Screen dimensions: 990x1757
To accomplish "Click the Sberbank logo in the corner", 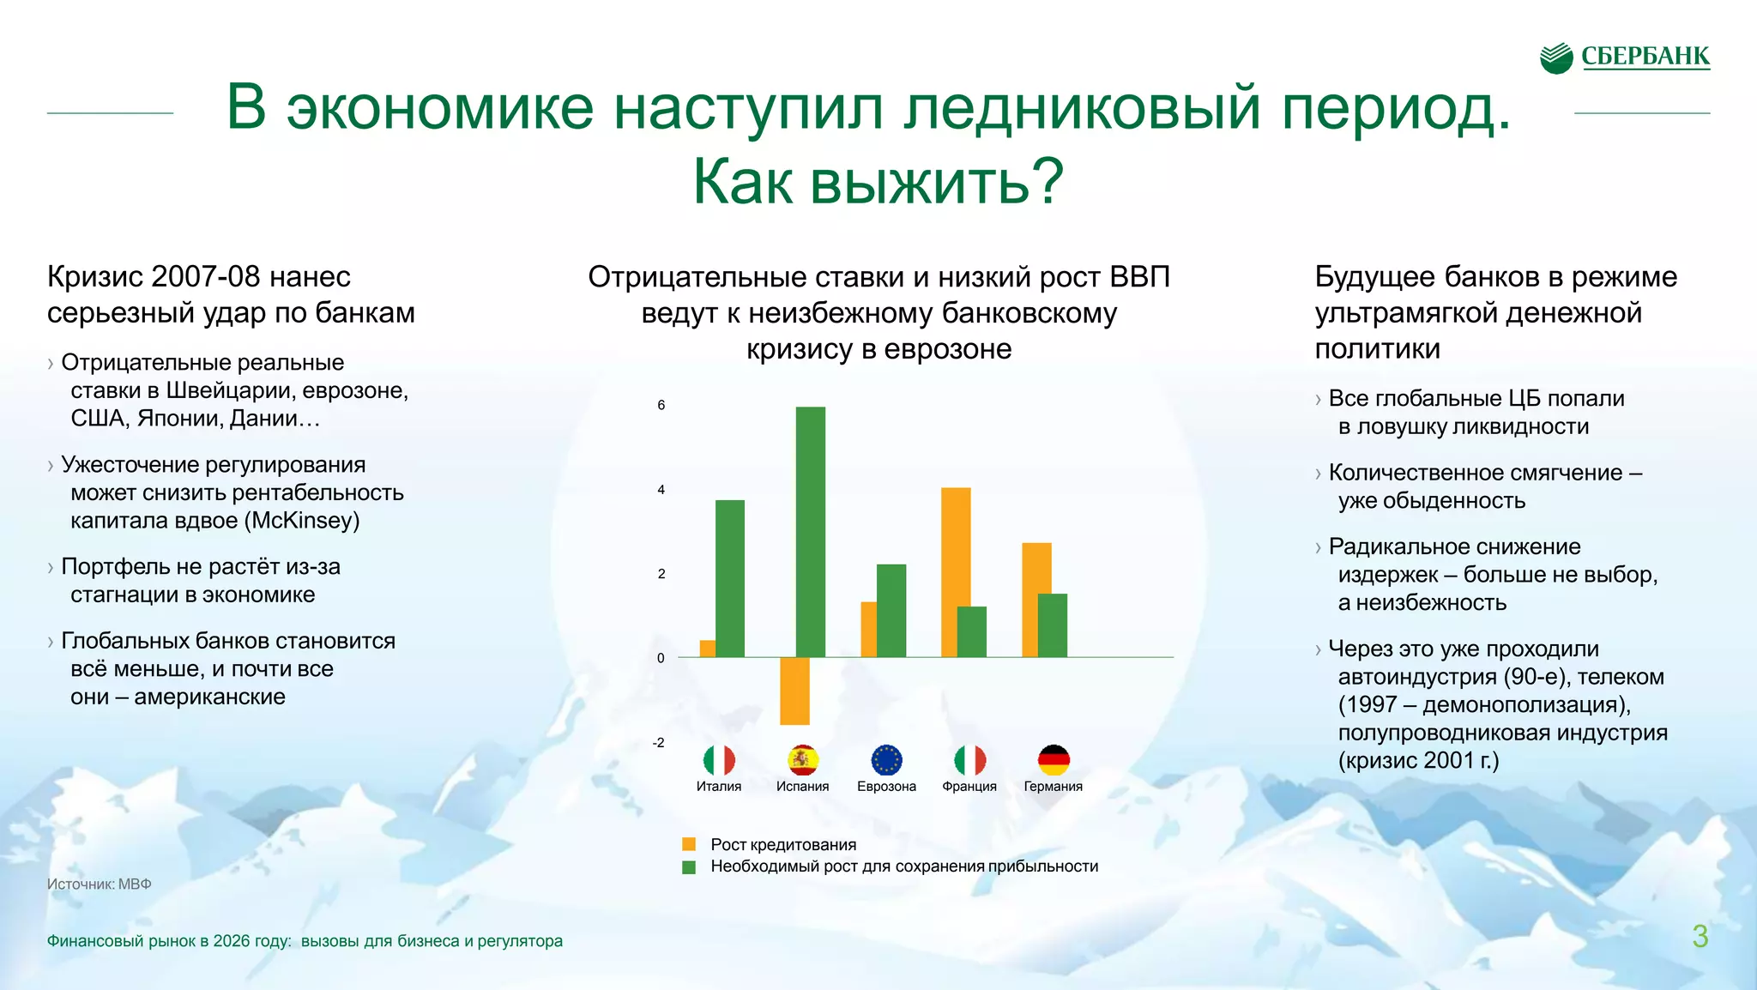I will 1625,57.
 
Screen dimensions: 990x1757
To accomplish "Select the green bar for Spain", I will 811,532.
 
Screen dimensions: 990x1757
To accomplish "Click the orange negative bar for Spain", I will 794,691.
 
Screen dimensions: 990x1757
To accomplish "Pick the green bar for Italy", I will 730,578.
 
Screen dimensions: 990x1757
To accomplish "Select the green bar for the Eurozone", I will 891,611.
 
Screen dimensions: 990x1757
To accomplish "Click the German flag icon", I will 1054,760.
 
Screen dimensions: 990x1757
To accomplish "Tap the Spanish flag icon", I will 803,760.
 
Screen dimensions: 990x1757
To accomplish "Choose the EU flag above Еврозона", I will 886,760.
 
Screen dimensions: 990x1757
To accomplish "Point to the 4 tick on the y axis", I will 661,490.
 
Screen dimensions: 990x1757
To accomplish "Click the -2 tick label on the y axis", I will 658,743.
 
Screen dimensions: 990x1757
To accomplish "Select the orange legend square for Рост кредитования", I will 689,844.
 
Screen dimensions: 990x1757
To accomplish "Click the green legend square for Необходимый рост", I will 689,866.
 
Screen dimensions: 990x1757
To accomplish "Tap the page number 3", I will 1700,936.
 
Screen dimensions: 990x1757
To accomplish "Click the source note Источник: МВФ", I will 99,884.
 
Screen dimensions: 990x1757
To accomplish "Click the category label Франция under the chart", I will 969,787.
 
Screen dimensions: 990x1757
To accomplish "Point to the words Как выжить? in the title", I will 878,182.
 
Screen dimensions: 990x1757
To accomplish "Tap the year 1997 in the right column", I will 1371,704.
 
